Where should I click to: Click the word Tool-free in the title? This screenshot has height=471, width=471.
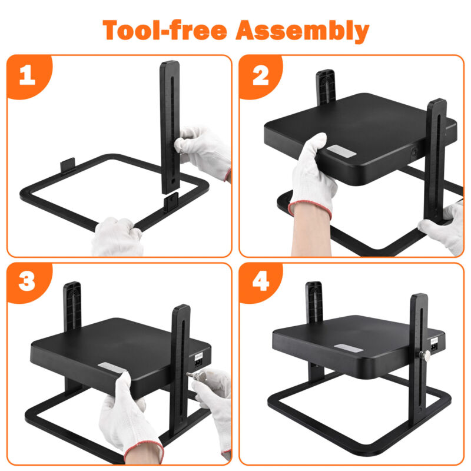(x=165, y=30)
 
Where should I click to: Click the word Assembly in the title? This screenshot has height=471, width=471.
(x=303, y=31)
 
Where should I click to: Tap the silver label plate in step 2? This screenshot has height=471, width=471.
(x=341, y=151)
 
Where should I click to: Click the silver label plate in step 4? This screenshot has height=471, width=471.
(x=349, y=348)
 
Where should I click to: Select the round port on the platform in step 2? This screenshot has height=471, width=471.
(x=414, y=152)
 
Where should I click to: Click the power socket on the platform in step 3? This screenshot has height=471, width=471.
(x=199, y=360)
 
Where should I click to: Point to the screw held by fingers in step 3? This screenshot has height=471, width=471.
(x=196, y=376)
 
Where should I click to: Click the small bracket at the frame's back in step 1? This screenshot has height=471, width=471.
(x=68, y=165)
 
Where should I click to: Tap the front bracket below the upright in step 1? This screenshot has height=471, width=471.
(x=171, y=202)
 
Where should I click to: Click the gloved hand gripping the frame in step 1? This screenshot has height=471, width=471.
(x=118, y=237)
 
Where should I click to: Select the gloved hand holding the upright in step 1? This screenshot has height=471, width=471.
(x=202, y=152)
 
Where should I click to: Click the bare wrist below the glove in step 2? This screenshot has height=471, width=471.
(x=311, y=232)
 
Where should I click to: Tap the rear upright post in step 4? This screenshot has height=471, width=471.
(x=314, y=303)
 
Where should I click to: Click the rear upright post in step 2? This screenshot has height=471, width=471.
(x=326, y=87)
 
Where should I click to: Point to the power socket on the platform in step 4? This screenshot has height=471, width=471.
(x=434, y=344)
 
